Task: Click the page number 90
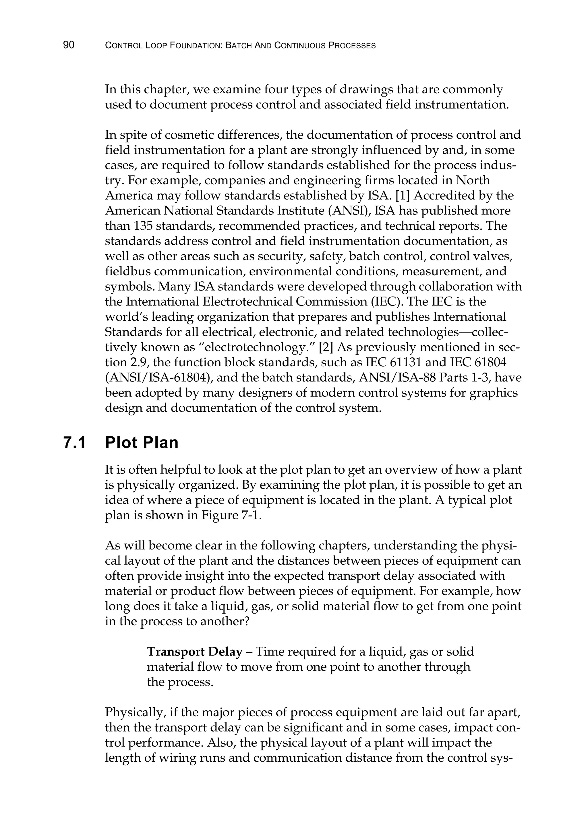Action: click(69, 45)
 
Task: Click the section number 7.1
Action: click(75, 443)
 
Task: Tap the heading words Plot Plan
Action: click(142, 443)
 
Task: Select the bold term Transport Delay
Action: click(195, 652)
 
